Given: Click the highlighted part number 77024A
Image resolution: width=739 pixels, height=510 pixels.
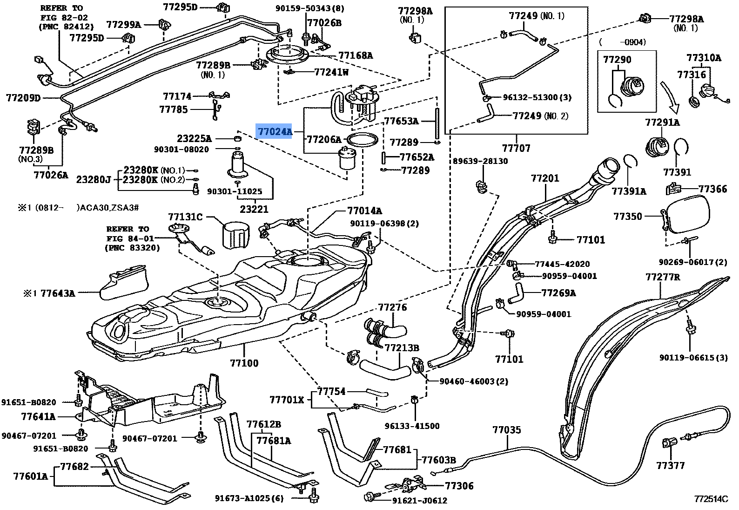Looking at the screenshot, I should (x=275, y=132).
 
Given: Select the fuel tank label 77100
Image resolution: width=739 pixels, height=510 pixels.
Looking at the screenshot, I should (x=244, y=363).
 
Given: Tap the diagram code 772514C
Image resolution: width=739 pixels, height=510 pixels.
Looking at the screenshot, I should (x=711, y=499).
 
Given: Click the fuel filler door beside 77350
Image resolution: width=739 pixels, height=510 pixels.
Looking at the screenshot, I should (x=688, y=214).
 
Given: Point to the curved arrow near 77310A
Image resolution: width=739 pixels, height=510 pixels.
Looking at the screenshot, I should (x=669, y=99).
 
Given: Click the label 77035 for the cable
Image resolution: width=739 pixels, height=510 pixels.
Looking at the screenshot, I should (x=506, y=430).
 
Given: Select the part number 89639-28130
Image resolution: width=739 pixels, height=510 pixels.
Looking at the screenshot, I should (x=480, y=161).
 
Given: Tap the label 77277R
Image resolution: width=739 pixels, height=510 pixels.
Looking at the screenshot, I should (x=662, y=277).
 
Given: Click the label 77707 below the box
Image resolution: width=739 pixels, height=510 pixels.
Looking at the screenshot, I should (x=516, y=148).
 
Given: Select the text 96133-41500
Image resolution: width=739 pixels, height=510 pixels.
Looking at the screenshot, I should (x=412, y=426).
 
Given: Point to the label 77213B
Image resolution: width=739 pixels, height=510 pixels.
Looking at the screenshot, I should (x=402, y=348).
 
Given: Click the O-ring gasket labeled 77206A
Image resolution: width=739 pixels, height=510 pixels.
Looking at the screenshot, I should (x=362, y=139).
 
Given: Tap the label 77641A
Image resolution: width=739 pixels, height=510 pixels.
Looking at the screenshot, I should (x=38, y=416).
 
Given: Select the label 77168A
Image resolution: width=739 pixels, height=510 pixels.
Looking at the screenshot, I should (x=356, y=55).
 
